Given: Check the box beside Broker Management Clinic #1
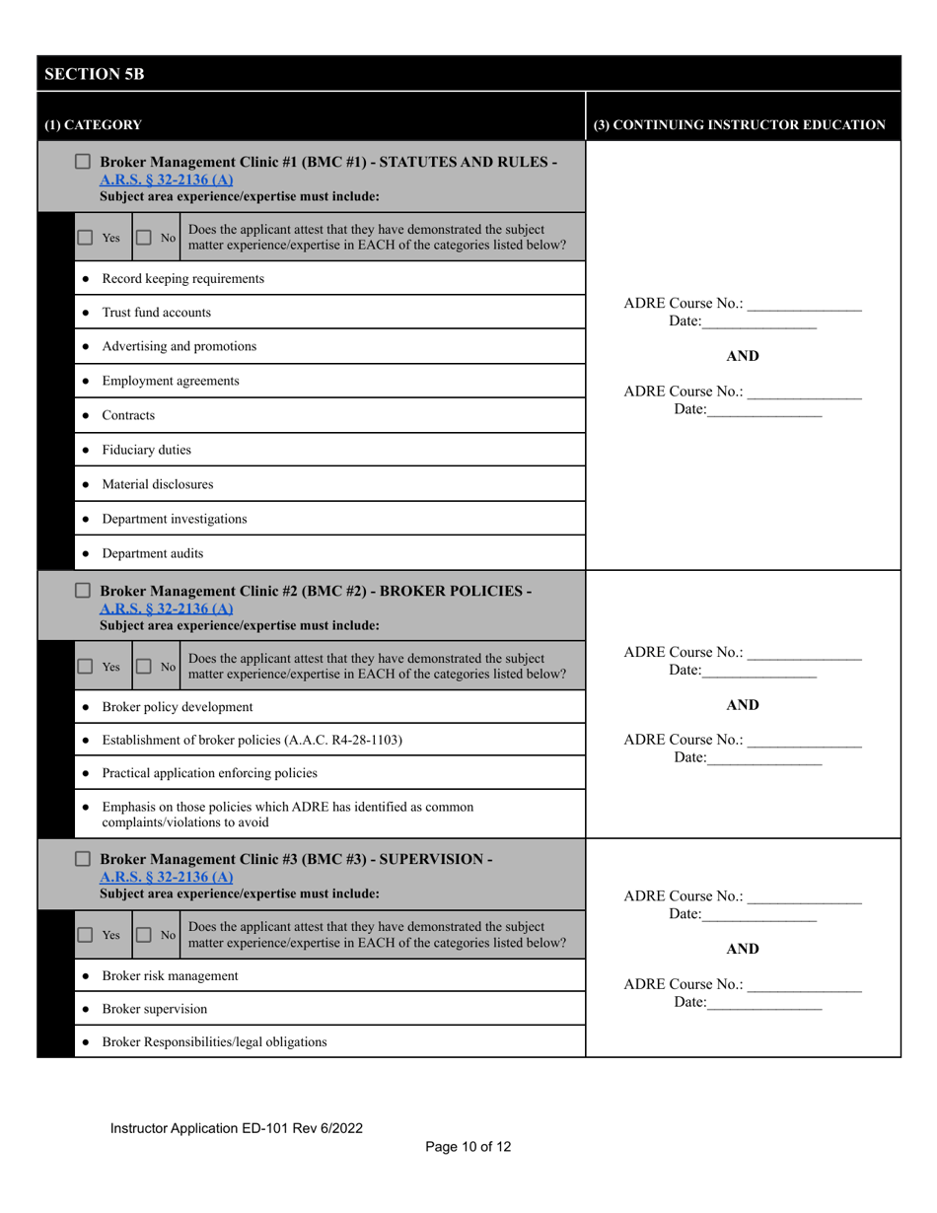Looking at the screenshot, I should point(84,161).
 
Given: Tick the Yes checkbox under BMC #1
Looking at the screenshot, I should point(86,238).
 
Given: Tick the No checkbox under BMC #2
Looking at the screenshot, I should point(143,666).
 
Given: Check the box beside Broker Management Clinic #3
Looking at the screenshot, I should point(84,859).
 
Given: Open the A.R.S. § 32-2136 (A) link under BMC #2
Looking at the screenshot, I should point(167,608).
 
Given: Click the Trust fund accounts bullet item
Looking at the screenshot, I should point(156,313).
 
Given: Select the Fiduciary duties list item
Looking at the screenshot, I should point(146,450).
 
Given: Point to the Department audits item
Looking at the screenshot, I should point(153,553).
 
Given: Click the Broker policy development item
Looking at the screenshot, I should point(178,707).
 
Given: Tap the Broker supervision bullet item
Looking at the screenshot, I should point(155,1009).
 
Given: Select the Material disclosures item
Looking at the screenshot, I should point(157,484).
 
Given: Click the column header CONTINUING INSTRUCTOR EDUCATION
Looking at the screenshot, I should point(739,125).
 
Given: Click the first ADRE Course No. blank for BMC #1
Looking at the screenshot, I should point(804,304).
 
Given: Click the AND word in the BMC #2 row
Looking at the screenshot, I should point(743,705).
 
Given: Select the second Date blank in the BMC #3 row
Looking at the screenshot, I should point(764,1003).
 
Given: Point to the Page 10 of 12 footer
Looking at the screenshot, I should point(468,1146).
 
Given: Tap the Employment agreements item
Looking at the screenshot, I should point(171,381).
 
